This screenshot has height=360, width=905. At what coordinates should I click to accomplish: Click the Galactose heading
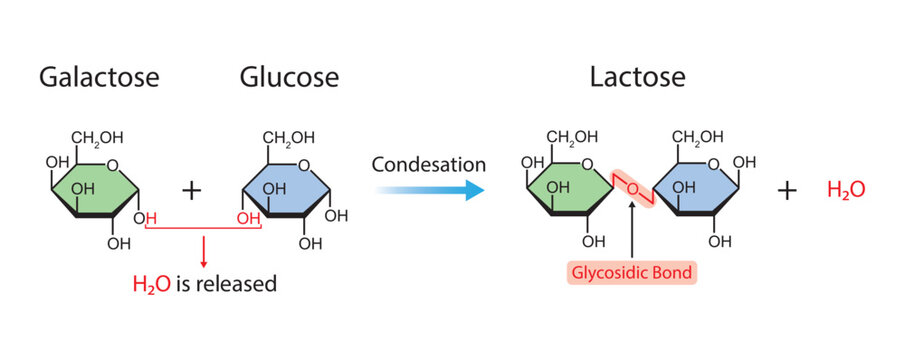pos(99,78)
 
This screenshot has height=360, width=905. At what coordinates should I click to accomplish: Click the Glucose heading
pos(289,78)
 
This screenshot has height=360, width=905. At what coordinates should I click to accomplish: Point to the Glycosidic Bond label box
pos(632,272)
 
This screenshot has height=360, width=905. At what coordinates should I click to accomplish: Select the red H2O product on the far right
pos(845,190)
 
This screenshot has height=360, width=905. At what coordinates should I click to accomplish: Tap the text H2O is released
pos(204,284)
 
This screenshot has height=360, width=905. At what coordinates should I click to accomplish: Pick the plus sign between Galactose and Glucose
pos(191,190)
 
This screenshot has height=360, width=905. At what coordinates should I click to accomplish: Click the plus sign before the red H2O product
pos(788,190)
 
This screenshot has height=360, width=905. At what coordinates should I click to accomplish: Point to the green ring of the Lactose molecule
pos(566,187)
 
